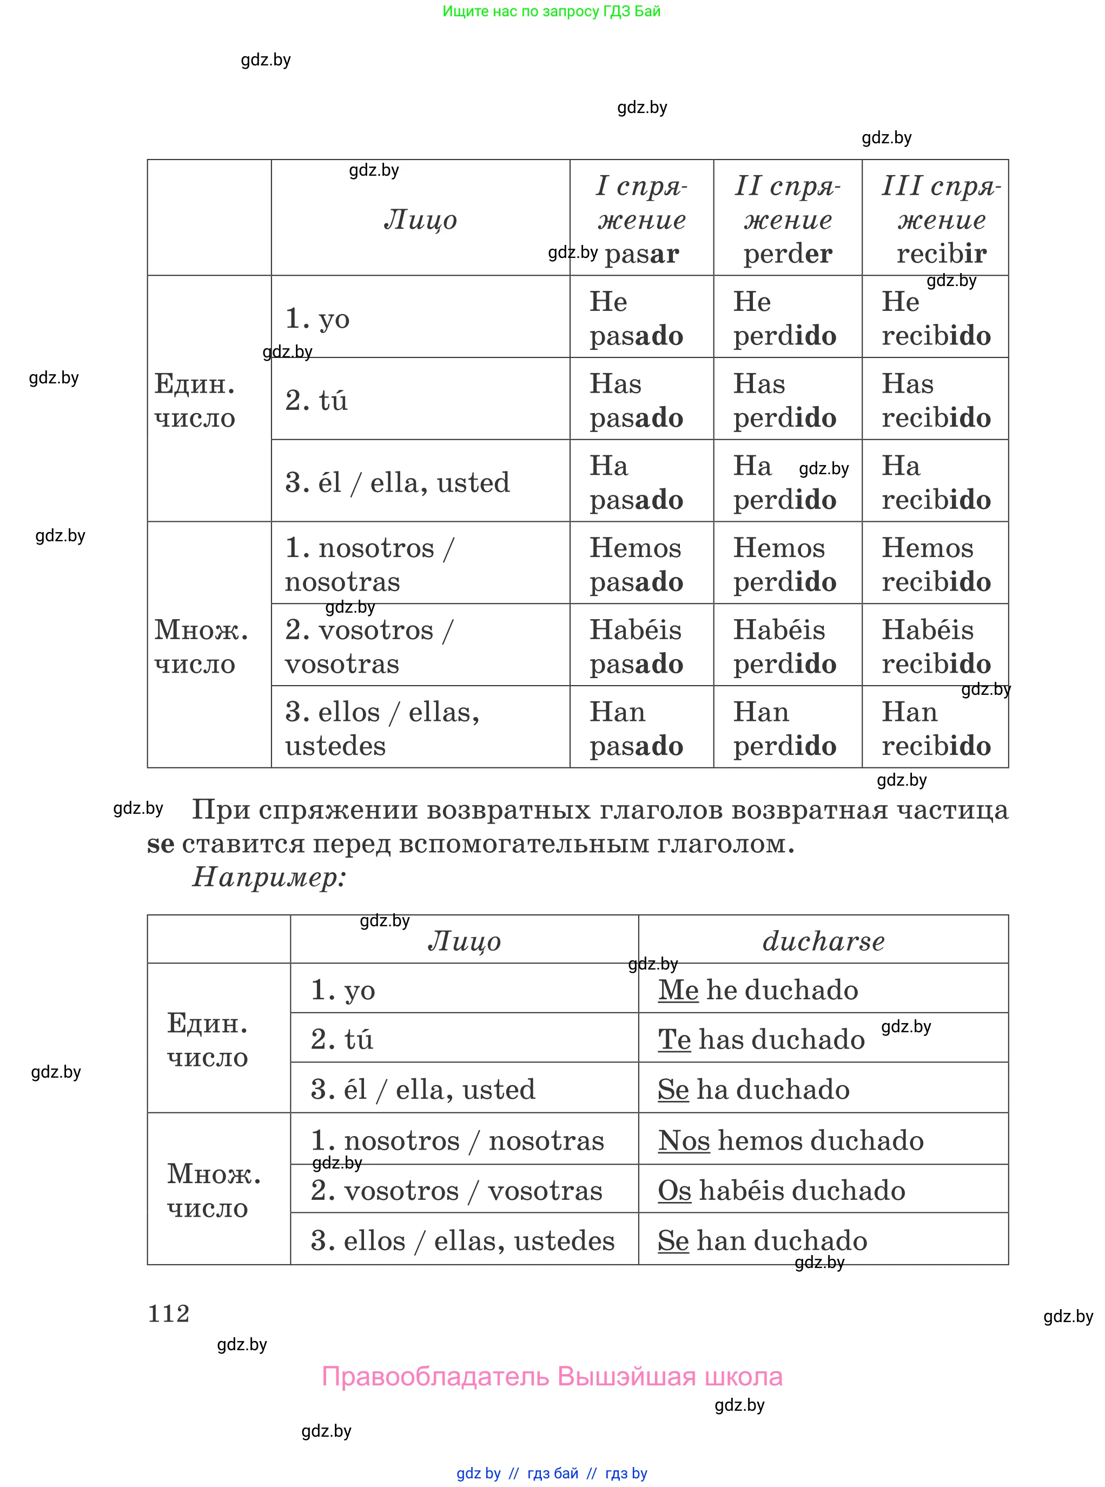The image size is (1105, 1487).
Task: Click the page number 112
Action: click(x=169, y=1313)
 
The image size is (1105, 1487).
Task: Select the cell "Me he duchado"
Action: click(x=758, y=990)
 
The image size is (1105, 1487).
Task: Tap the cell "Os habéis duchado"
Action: click(x=781, y=1190)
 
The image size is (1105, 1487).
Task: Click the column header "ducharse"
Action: click(x=823, y=941)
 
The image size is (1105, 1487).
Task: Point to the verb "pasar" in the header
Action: click(x=641, y=254)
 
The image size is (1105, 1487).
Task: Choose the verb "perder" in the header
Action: click(x=788, y=254)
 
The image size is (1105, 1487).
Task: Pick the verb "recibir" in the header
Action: click(x=941, y=254)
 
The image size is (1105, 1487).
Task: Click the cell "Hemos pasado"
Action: click(x=636, y=565)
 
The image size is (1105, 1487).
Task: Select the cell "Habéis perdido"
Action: click(x=785, y=647)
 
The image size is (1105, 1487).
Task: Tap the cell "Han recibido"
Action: click(x=936, y=729)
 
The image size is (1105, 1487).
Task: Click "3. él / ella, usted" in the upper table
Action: click(x=398, y=482)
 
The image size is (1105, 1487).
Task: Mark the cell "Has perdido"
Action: click(x=785, y=401)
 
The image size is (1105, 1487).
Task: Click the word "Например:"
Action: click(x=269, y=877)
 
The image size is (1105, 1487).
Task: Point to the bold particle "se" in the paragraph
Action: click(x=161, y=844)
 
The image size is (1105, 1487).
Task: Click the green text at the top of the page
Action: click(x=552, y=11)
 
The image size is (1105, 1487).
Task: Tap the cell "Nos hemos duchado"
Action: click(x=791, y=1140)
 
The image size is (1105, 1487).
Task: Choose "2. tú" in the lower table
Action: click(x=342, y=1039)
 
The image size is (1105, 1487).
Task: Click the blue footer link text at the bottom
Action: click(x=552, y=1473)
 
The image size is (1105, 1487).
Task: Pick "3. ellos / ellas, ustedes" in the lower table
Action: click(x=462, y=1240)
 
